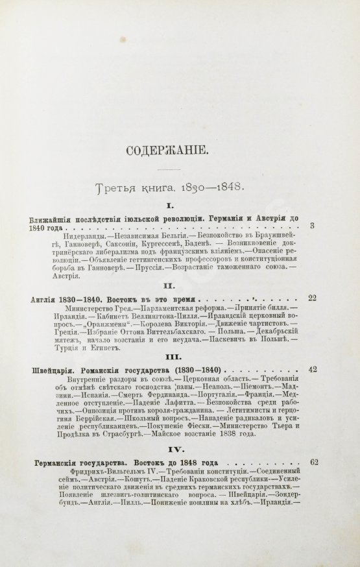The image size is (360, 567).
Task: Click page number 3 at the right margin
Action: (x=313, y=226)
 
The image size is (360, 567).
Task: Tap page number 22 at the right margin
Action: (x=312, y=298)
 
